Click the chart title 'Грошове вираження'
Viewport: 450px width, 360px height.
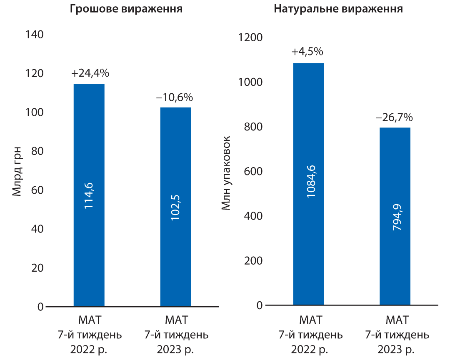[125, 9]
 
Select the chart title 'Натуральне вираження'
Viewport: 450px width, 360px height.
[338, 9]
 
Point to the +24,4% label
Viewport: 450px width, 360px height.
[90, 73]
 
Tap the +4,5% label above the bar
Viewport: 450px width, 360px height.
[307, 52]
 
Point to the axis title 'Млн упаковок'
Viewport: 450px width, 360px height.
[226, 171]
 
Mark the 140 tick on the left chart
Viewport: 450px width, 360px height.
[34, 35]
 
